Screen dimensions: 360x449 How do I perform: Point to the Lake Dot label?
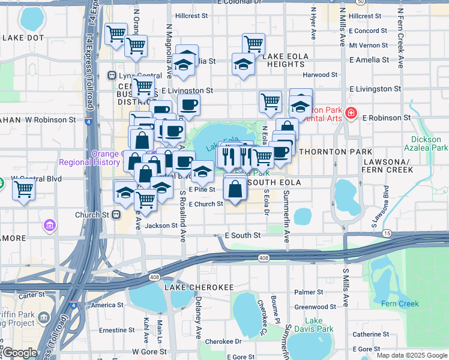tap(23, 38)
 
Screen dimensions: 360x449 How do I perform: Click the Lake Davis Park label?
tap(319, 325)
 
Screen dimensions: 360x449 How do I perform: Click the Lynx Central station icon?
tap(111, 76)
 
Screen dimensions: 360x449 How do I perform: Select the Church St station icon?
tap(117, 214)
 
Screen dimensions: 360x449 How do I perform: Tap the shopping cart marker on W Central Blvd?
tap(23, 190)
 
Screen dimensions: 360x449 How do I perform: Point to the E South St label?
tap(243, 236)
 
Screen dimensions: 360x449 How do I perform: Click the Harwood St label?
tap(320, 75)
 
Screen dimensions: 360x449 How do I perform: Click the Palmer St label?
tap(309, 292)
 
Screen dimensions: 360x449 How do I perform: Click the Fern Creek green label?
tap(400, 304)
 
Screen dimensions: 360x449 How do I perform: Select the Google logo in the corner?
tap(19, 353)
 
